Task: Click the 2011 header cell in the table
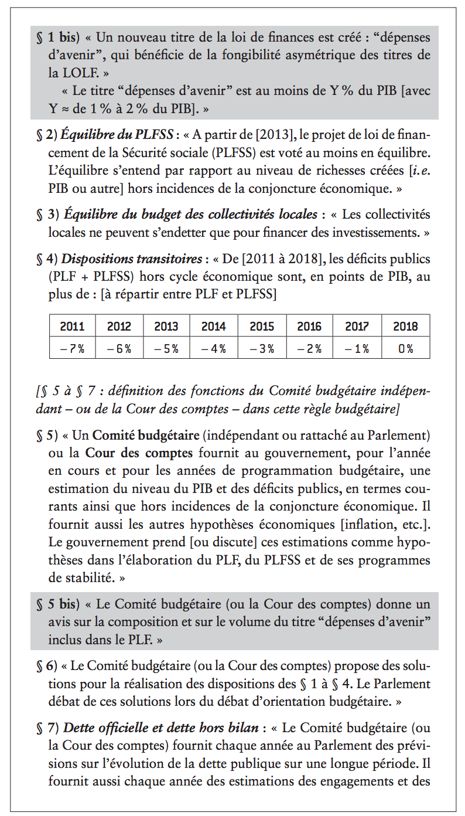72,327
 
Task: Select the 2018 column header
405,327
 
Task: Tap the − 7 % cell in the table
72,348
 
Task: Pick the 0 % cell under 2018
405,348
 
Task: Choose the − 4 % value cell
214,348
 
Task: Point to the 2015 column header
262,327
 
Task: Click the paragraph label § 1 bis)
57,38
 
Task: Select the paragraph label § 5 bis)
57,604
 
